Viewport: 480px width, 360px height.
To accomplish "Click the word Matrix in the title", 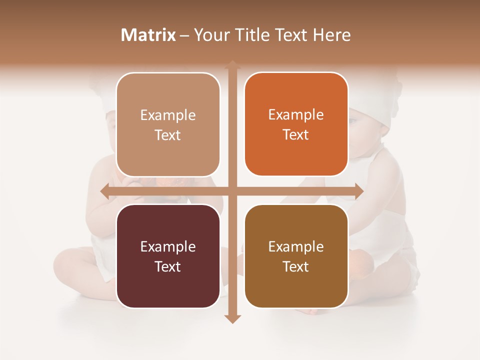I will [x=148, y=35].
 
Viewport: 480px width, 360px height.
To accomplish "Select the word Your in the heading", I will [x=212, y=35].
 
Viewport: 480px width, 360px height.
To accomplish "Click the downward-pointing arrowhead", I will [x=232, y=318].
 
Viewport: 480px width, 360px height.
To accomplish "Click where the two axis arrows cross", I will [x=232, y=191].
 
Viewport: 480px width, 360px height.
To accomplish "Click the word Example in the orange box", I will [x=296, y=114].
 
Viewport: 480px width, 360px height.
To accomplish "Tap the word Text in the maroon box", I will [x=168, y=266].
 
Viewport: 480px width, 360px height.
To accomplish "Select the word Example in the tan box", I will [x=168, y=115].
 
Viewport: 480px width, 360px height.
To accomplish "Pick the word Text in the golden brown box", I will [x=296, y=266].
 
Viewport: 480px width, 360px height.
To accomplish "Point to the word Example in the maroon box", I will [x=168, y=246].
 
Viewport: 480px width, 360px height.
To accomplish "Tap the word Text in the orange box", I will [x=296, y=134].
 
